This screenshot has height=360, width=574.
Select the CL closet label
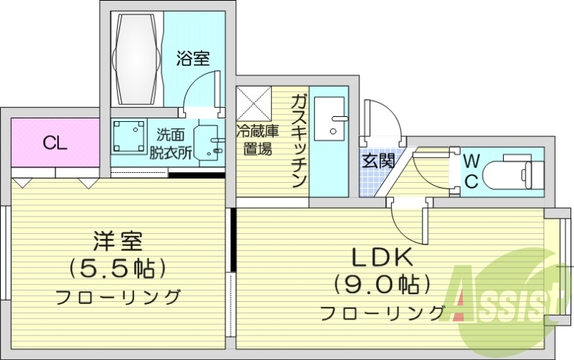click(55, 143)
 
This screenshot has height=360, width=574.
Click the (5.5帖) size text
click(117, 268)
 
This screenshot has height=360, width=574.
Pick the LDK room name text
click(380, 256)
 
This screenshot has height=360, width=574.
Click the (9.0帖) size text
click(380, 284)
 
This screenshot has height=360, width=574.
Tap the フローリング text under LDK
click(382, 313)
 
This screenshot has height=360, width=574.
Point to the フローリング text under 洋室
click(117, 296)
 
